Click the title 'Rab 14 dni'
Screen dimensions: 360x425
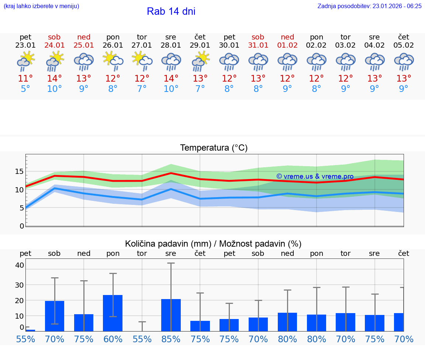171,11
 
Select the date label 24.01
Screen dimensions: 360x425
54,45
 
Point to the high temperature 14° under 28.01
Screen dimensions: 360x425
171,79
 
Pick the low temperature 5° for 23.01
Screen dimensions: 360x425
25,89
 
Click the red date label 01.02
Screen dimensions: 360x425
287,45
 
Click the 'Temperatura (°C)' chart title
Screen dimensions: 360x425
214,148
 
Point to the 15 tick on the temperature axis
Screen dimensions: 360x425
19,171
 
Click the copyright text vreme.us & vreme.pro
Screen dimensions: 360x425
315,176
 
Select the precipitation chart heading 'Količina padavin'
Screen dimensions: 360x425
168,244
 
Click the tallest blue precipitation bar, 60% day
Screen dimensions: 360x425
113,313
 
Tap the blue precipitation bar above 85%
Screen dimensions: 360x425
171,315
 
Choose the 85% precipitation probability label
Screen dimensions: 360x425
171,339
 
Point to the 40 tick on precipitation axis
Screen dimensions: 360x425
20,265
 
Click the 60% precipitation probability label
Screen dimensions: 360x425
113,339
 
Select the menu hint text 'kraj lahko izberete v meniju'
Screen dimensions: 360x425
41,6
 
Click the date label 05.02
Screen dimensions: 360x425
404,45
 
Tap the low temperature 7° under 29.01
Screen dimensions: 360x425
200,89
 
